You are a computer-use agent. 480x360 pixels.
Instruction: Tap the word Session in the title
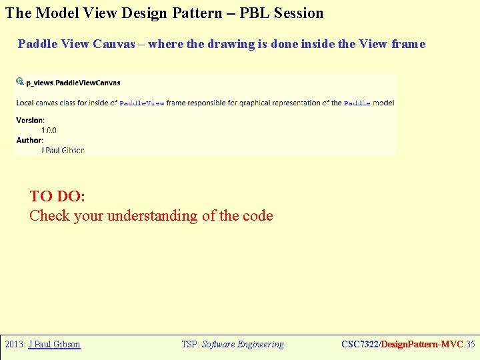click(297, 13)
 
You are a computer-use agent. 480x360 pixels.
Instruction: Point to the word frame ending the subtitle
click(408, 44)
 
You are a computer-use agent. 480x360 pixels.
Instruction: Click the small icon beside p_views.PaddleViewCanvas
click(20, 81)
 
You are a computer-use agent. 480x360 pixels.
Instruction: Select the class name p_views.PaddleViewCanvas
click(73, 83)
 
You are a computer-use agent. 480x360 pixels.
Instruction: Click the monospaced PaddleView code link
click(141, 103)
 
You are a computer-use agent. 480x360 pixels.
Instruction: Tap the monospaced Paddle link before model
click(357, 103)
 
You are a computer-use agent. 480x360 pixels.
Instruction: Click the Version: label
click(31, 121)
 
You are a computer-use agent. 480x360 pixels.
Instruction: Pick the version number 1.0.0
click(49, 130)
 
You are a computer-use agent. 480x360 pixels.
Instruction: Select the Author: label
click(29, 140)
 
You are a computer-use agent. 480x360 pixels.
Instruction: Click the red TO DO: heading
click(57, 196)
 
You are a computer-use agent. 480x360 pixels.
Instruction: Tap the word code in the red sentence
click(258, 215)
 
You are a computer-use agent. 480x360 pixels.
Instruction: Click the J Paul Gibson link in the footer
click(54, 345)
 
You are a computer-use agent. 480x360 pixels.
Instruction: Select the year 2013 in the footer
click(14, 345)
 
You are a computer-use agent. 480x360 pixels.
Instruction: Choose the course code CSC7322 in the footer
click(359, 345)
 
